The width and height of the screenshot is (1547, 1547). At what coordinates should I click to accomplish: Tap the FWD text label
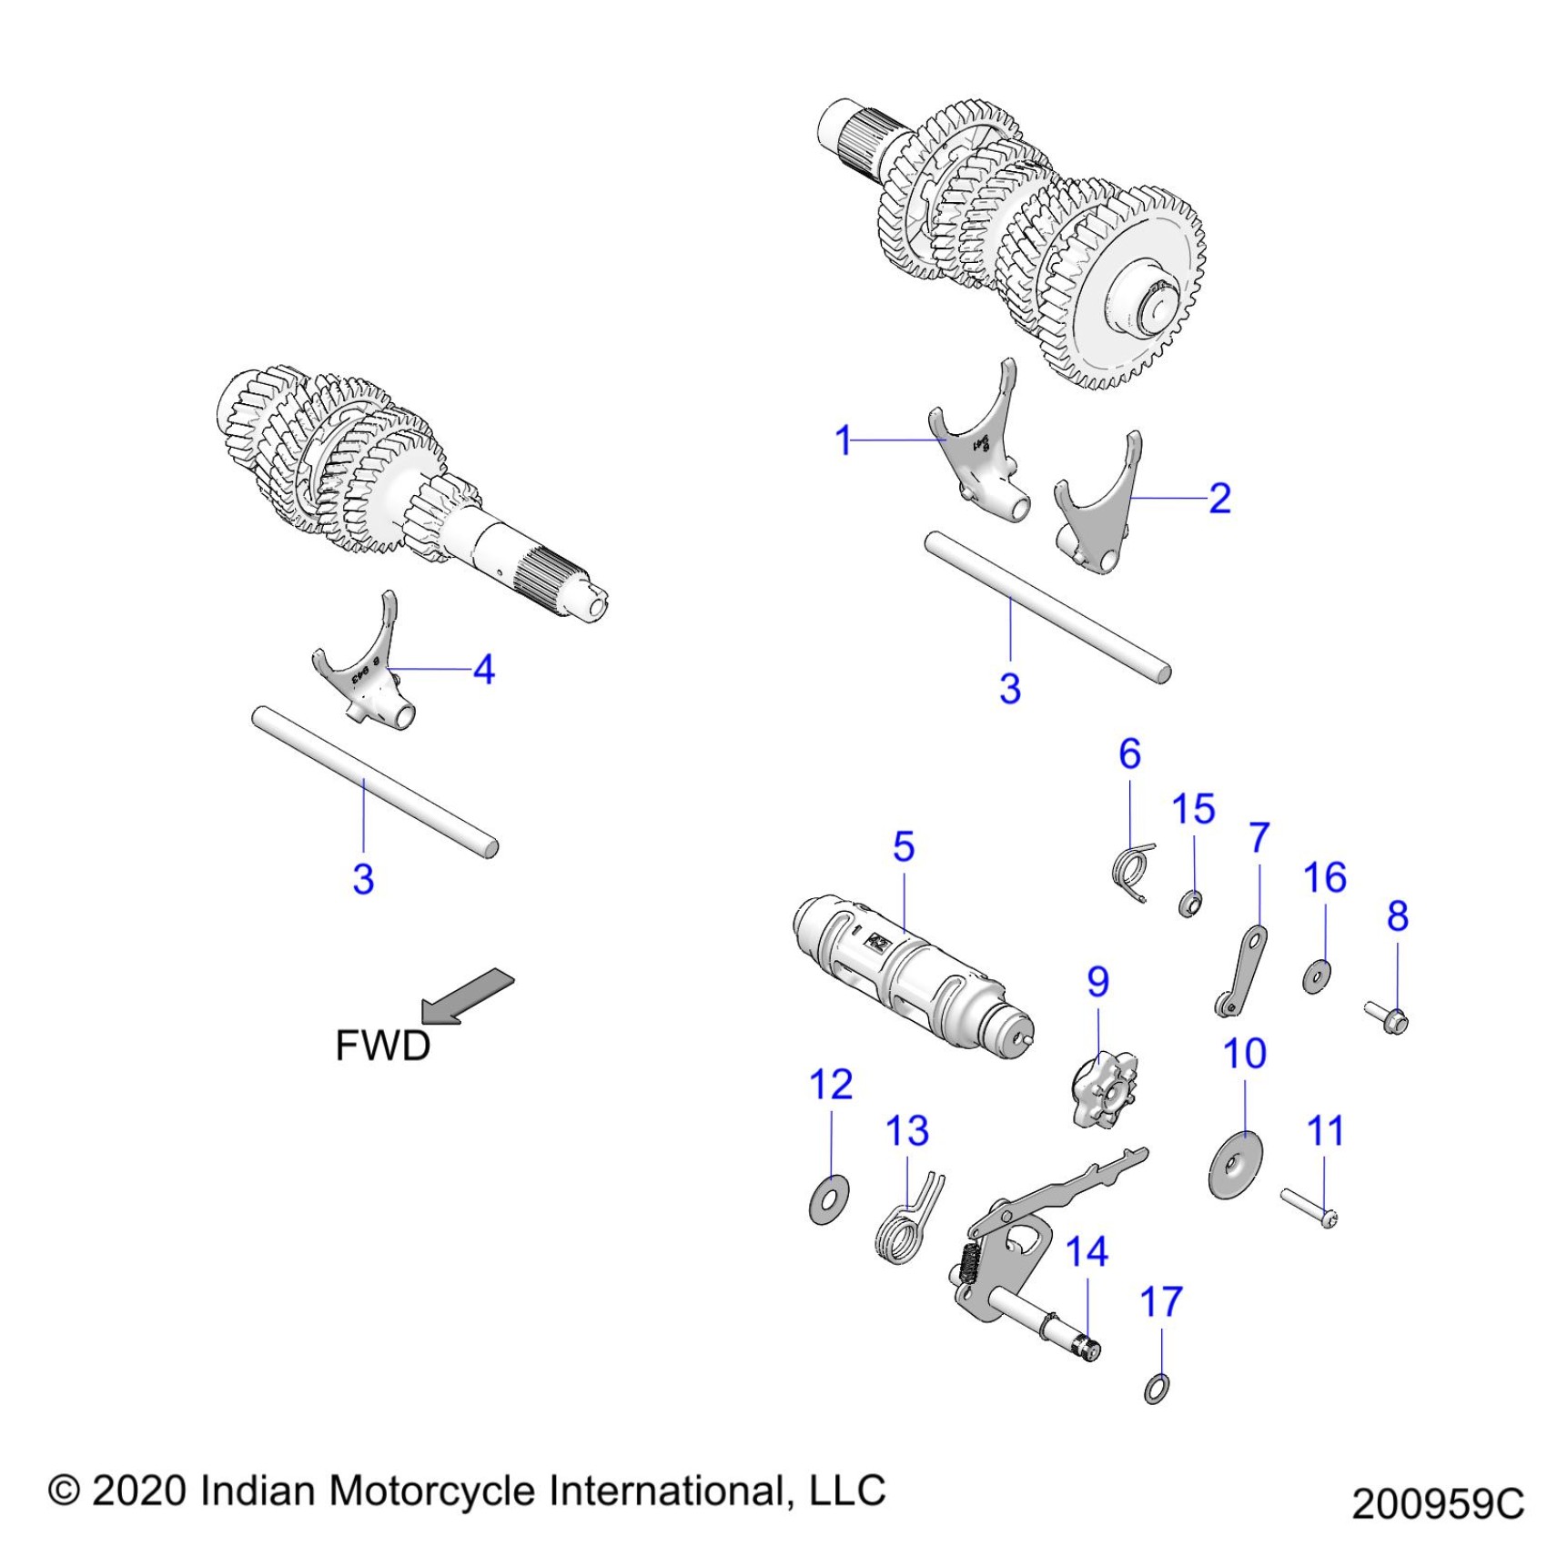382,1046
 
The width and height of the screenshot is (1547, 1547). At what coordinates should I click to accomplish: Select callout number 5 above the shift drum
903,846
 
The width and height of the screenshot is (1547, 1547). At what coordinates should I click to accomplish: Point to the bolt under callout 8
1387,1016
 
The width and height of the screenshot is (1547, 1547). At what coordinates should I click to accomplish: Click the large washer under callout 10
1235,1165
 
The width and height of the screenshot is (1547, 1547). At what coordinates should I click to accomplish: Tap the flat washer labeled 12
828,1198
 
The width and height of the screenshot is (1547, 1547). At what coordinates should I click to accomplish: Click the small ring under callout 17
1157,1389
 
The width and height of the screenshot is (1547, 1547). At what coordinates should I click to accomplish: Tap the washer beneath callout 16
1316,976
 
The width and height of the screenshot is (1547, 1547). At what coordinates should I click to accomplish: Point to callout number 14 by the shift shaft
1087,1252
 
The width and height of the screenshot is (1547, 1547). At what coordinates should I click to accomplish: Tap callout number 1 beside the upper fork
843,440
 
